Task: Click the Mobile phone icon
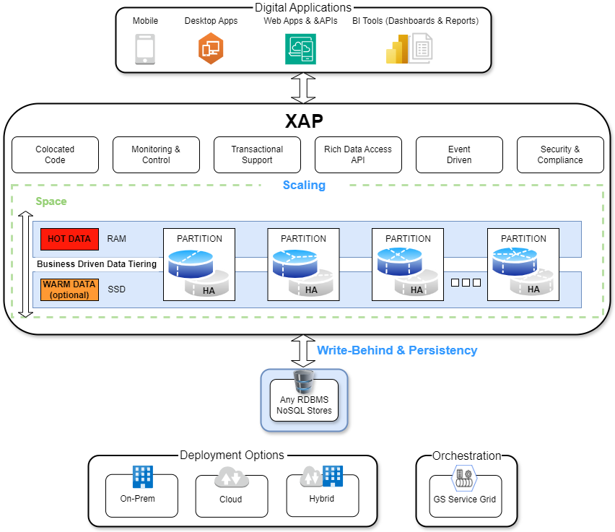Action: [x=145, y=49]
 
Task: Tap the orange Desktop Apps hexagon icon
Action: [x=211, y=48]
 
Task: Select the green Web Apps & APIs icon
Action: [x=300, y=49]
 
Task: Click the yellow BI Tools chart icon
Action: [x=397, y=49]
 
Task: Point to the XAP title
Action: [x=304, y=121]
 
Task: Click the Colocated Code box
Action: [x=56, y=155]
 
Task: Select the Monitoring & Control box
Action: [x=156, y=155]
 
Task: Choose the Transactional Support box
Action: [x=257, y=155]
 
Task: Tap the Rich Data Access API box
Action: [x=358, y=155]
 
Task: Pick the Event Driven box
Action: [x=459, y=155]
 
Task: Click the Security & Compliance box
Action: [x=560, y=155]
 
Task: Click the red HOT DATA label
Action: [x=69, y=239]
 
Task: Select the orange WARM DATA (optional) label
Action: [x=69, y=289]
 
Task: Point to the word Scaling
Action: [x=304, y=186]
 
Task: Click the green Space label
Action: [x=51, y=201]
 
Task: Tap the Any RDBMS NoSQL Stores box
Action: [x=304, y=401]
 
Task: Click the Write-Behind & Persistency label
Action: [x=397, y=350]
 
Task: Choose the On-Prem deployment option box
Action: [x=141, y=495]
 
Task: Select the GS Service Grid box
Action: [x=466, y=497]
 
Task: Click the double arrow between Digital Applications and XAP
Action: [x=303, y=88]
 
